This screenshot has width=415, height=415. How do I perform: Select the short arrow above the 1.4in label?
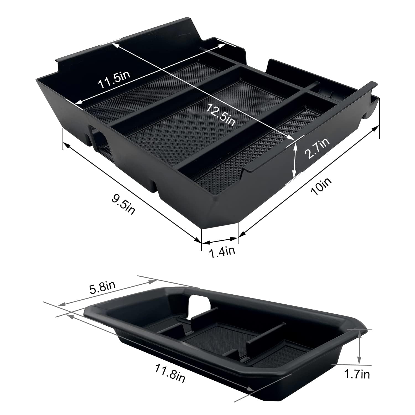[220, 240]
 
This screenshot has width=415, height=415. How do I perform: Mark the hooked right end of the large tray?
[372, 105]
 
